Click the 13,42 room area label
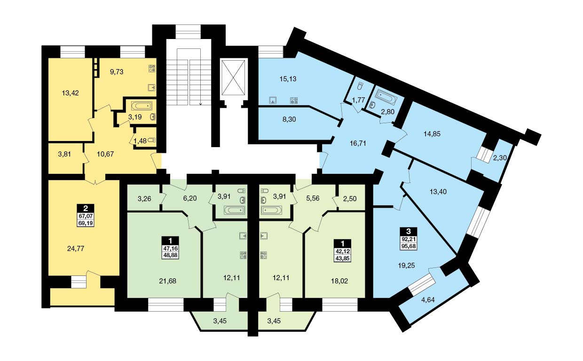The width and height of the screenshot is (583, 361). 70,93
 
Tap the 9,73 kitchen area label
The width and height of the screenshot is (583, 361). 117,72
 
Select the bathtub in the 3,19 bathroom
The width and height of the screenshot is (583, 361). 142,106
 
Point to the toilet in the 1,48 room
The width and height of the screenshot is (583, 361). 152,140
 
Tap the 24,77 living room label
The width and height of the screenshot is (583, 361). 76,249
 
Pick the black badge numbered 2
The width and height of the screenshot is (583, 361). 86,208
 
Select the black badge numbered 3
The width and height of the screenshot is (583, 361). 409,231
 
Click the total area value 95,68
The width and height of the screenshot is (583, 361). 409,246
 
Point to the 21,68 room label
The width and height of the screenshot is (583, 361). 167,281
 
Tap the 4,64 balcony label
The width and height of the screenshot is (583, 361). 428,300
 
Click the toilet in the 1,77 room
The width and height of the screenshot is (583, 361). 360,86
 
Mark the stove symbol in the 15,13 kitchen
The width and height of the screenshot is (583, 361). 294,100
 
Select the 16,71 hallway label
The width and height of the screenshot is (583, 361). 358,143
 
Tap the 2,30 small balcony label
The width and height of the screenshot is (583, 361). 500,157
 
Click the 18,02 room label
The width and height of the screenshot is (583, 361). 339,281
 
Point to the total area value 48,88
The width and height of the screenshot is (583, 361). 171,255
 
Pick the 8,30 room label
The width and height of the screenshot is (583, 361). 289,119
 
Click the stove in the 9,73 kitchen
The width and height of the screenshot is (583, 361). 152,68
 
